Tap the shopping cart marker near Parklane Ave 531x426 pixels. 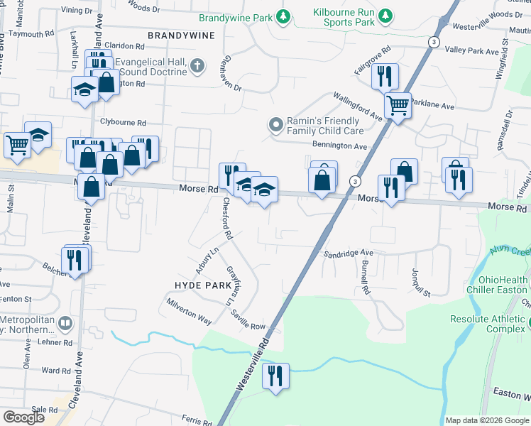[x=398, y=106]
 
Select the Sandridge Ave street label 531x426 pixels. [x=349, y=253]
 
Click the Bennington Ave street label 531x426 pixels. [x=339, y=146]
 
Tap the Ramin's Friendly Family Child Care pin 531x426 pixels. [x=276, y=126]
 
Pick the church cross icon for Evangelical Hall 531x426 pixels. [x=197, y=67]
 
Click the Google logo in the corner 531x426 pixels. [x=23, y=417]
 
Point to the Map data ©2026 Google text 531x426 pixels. [x=487, y=420]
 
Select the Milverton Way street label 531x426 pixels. [x=189, y=311]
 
